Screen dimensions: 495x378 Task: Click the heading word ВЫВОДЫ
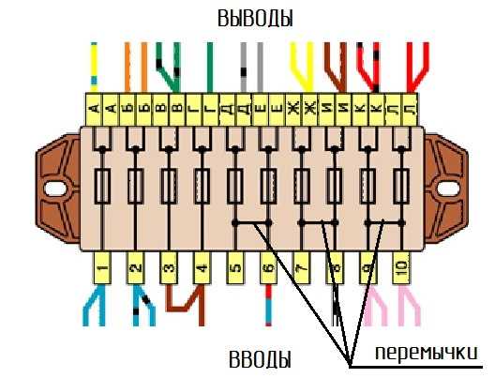(x=255, y=18)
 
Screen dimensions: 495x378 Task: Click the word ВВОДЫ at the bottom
(x=260, y=358)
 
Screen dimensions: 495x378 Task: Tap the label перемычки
(x=427, y=353)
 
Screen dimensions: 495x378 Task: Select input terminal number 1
(x=102, y=268)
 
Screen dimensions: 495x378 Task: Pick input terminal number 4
(x=202, y=268)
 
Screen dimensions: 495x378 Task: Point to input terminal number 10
(x=401, y=268)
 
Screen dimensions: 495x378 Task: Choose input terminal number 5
(x=235, y=268)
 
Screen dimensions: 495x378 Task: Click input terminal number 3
(x=169, y=268)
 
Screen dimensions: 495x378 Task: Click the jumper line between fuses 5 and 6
(x=251, y=223)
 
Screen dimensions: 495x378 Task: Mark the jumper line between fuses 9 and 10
(x=384, y=223)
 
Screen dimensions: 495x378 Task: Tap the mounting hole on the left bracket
(x=55, y=189)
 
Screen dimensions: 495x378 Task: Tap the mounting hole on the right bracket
(x=448, y=189)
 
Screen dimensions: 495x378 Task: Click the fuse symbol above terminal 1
(x=102, y=186)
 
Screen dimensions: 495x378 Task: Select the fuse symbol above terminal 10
(x=401, y=186)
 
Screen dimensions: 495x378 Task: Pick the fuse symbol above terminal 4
(x=202, y=186)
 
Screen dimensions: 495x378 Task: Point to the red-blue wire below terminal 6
(x=268, y=305)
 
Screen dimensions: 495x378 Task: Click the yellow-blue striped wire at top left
(x=94, y=67)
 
